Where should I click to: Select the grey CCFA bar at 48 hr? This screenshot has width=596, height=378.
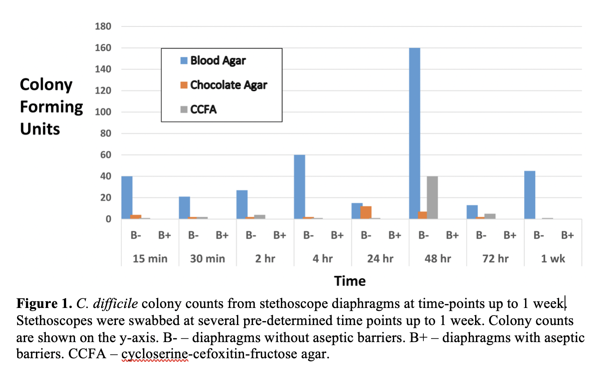(432, 198)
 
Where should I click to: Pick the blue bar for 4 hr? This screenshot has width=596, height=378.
(299, 187)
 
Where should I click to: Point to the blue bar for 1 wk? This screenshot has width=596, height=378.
(529, 195)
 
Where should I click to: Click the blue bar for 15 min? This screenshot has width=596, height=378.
(127, 198)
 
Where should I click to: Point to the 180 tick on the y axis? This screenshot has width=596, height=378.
(103, 26)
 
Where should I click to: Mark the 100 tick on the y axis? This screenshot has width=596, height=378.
(103, 112)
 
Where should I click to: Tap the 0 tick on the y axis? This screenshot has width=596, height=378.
(108, 220)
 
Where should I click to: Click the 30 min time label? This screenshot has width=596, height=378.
(207, 259)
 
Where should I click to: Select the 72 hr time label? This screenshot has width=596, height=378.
(495, 259)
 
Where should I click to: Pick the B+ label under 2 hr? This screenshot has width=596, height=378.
(280, 235)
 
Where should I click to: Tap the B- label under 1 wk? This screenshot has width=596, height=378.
(538, 235)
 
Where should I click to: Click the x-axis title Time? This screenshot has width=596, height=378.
(350, 281)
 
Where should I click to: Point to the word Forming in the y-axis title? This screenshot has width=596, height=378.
(52, 107)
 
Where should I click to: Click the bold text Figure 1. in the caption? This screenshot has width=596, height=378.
(44, 304)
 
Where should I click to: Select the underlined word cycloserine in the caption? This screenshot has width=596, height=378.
(155, 354)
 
